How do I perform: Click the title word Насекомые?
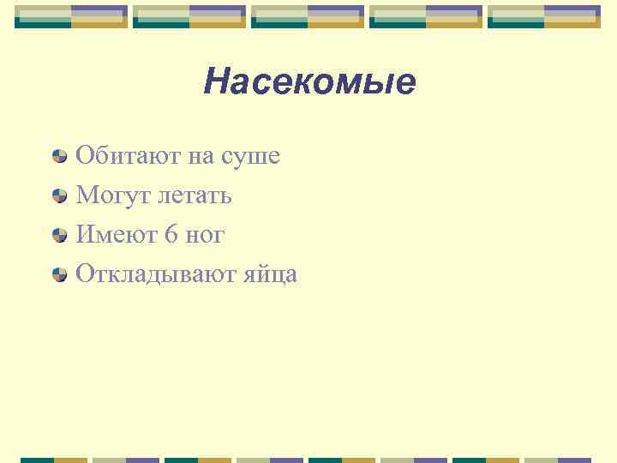coord(310,82)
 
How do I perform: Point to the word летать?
coord(195,195)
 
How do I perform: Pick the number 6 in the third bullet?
coord(171,234)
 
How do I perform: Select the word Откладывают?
coord(150,274)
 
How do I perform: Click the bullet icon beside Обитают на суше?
coord(59,156)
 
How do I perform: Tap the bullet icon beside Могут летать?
coord(59,195)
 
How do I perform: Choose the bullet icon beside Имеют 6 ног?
coord(59,235)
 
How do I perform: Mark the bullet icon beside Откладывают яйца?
coord(59,274)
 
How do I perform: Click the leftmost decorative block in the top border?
coord(71,16)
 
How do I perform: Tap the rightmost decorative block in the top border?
coord(544,16)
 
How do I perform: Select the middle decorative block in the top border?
coord(308,16)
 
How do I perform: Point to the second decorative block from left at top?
coord(189,16)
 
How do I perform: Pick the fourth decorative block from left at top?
coord(426,16)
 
